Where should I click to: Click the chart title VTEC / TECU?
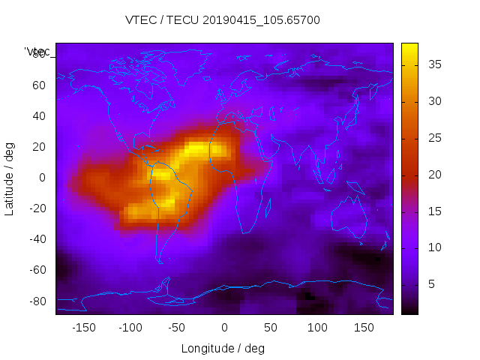click(x=223, y=20)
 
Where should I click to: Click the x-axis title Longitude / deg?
click(x=223, y=348)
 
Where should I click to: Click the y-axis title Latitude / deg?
click(x=10, y=178)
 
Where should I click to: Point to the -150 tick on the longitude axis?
click(x=83, y=328)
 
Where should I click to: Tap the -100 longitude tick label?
click(x=130, y=328)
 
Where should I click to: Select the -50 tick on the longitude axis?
click(x=176, y=328)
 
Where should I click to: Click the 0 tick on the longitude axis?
click(x=223, y=328)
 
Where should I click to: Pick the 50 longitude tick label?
click(x=270, y=328)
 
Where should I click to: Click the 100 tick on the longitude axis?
click(x=317, y=328)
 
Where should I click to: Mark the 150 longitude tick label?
click(x=364, y=328)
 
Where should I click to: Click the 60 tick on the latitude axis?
click(x=38, y=85)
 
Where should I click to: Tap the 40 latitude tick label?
click(x=38, y=115)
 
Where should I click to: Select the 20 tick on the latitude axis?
click(x=38, y=147)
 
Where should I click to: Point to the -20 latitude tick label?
click(x=36, y=208)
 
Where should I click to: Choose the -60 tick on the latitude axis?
click(x=36, y=270)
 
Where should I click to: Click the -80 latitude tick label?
click(x=36, y=301)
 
